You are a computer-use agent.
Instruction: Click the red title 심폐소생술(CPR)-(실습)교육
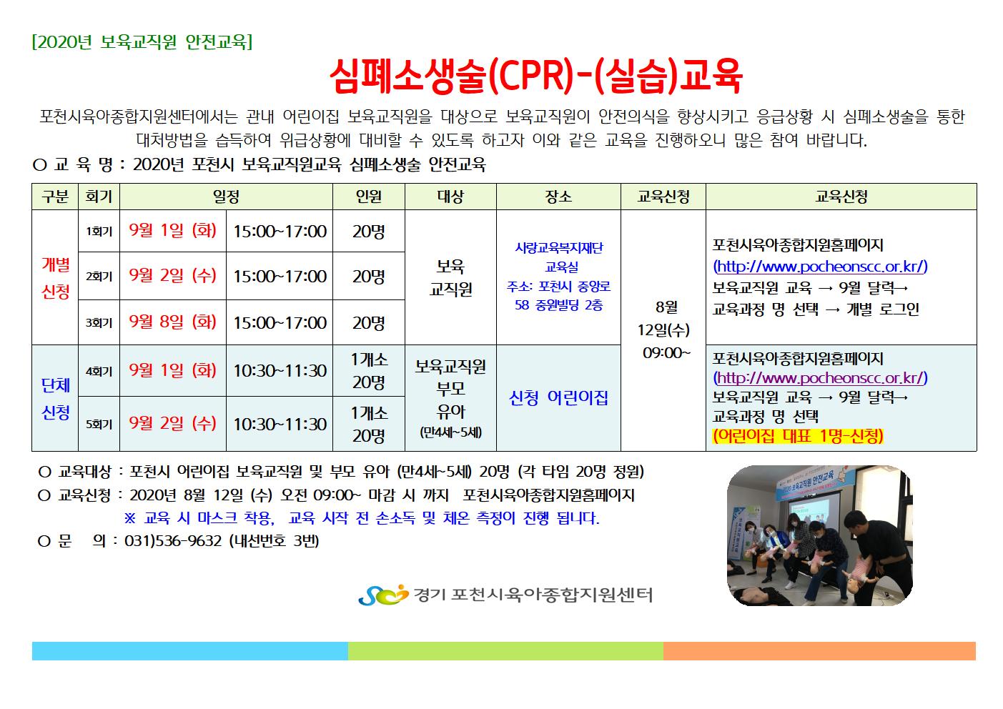pyautogui.click(x=536, y=76)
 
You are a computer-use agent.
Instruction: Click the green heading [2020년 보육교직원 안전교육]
pyautogui.click(x=142, y=42)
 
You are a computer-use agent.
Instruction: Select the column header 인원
pyautogui.click(x=368, y=197)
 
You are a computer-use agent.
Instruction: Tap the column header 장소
pyautogui.click(x=558, y=197)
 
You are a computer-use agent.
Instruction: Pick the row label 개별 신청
pyautogui.click(x=56, y=278)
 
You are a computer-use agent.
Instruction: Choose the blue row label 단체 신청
pyautogui.click(x=56, y=398)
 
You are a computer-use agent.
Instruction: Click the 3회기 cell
pyautogui.click(x=99, y=323)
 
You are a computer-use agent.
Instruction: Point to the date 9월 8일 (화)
pyautogui.click(x=173, y=322)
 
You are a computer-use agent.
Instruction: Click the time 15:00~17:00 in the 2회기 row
pyautogui.click(x=280, y=276)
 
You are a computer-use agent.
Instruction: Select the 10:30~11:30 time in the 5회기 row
pyautogui.click(x=280, y=424)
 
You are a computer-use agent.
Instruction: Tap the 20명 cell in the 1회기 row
pyautogui.click(x=368, y=232)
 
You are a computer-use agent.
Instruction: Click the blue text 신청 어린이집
pyautogui.click(x=558, y=398)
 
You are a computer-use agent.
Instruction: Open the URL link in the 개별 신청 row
pyautogui.click(x=820, y=267)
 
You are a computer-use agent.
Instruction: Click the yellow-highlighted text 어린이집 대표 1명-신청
pyautogui.click(x=798, y=435)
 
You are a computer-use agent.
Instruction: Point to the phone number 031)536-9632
pyautogui.click(x=173, y=541)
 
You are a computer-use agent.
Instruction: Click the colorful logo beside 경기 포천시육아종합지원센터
pyautogui.click(x=384, y=595)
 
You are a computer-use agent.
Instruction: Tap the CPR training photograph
pyautogui.click(x=819, y=536)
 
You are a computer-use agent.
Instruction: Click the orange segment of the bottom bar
pyautogui.click(x=819, y=651)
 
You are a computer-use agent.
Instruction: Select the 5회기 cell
pyautogui.click(x=99, y=424)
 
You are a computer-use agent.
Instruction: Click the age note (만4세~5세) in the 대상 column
pyautogui.click(x=450, y=432)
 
